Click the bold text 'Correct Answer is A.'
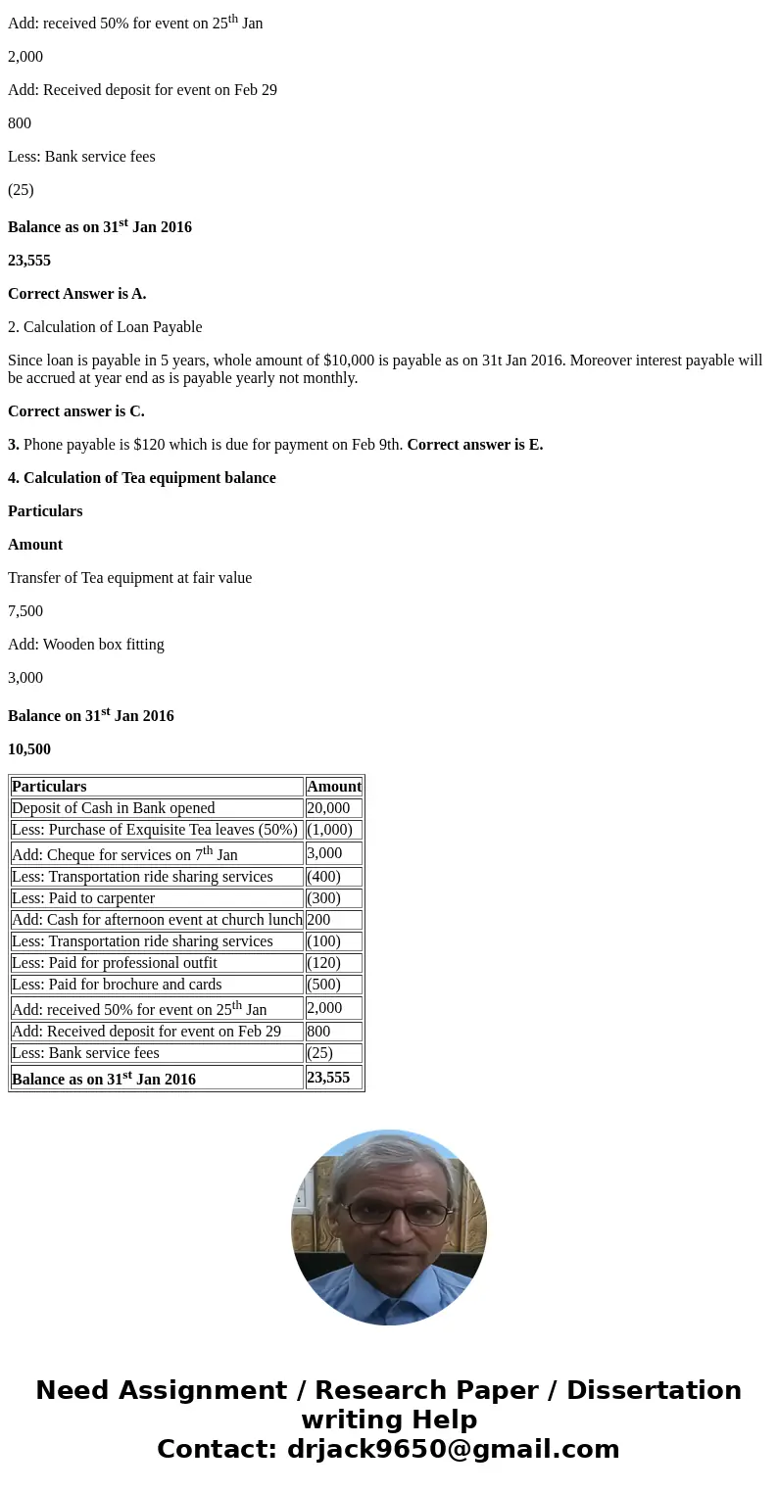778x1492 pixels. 76,294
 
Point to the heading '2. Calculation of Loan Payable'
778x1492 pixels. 105,327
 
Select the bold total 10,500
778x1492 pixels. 29,749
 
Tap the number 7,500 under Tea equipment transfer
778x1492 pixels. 25,611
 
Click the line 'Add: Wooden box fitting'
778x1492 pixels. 86,645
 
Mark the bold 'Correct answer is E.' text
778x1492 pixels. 474,445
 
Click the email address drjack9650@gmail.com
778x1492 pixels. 453,1449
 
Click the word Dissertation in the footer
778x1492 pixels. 654,1390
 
